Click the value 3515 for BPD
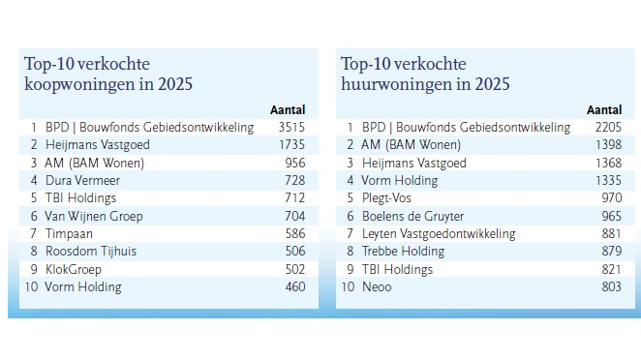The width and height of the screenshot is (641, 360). pyautogui.click(x=291, y=127)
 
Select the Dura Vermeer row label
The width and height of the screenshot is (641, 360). pyautogui.click(x=82, y=180)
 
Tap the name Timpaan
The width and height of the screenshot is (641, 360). pyautogui.click(x=69, y=234)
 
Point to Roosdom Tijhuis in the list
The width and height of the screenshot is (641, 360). pyautogui.click(x=91, y=251)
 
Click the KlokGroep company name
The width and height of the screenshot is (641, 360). pyautogui.click(x=74, y=269)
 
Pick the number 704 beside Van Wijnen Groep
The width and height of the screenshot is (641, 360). pyautogui.click(x=294, y=216)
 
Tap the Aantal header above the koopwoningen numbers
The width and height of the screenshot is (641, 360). pyautogui.click(x=288, y=110)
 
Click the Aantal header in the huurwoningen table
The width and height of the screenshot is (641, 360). pyautogui.click(x=604, y=110)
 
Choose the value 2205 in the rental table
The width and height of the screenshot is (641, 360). pyautogui.click(x=608, y=127)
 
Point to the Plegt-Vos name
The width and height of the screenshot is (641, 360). pyautogui.click(x=386, y=198)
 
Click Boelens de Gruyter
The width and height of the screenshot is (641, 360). pyautogui.click(x=412, y=216)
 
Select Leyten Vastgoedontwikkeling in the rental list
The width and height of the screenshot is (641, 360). pyautogui.click(x=439, y=234)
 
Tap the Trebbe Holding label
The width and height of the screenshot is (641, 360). pyautogui.click(x=403, y=251)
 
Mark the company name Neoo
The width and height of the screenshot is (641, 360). pyautogui.click(x=377, y=286)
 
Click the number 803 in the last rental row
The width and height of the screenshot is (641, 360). pyautogui.click(x=612, y=286)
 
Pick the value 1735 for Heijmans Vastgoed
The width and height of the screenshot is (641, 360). pyautogui.click(x=291, y=144)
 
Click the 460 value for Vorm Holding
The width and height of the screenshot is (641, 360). pyautogui.click(x=295, y=286)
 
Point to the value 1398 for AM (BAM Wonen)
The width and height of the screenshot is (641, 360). pyautogui.click(x=609, y=144)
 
